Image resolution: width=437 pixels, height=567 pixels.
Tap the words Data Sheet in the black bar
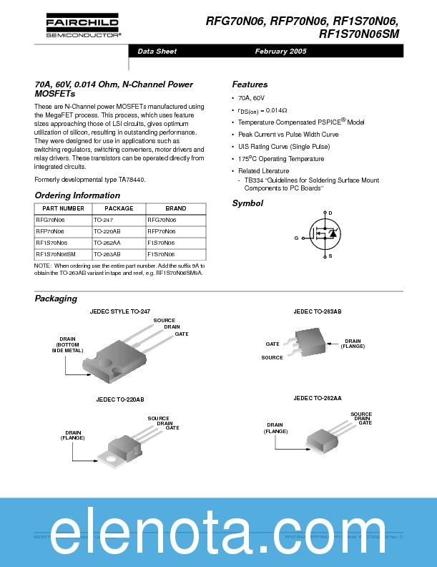coord(157,52)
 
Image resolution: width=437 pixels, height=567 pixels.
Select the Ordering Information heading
coord(77,195)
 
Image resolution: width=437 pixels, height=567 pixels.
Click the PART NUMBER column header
coord(63,208)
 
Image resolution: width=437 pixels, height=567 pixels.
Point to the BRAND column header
coord(175,208)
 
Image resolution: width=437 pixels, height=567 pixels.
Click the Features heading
coord(250,84)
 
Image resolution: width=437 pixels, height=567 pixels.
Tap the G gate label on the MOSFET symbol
coord(296,237)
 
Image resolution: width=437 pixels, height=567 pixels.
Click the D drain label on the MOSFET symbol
coord(330,213)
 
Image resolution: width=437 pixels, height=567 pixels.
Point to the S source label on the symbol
coord(330,256)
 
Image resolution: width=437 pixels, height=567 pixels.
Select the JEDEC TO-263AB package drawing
coord(312,343)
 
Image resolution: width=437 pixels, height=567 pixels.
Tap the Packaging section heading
coord(56,299)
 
